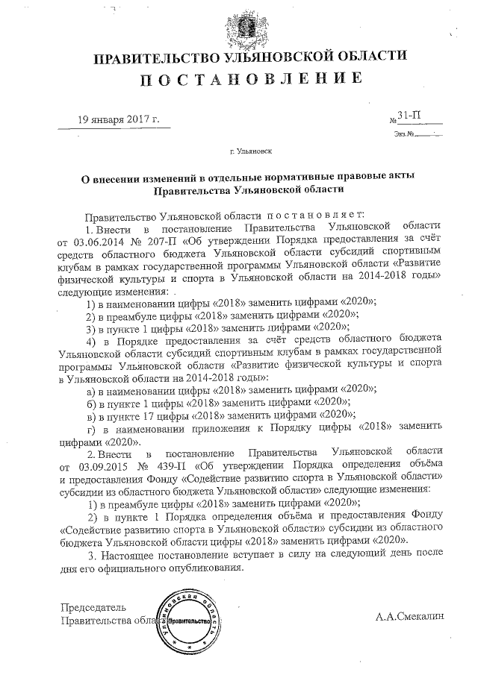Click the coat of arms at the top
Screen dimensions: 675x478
click(239, 26)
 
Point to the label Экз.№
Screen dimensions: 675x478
click(402, 134)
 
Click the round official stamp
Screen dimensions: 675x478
click(187, 621)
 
